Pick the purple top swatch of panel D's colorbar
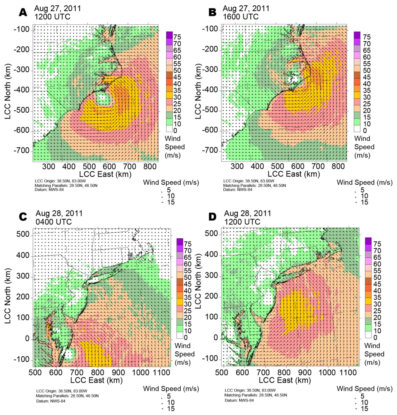pos(368,240)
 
